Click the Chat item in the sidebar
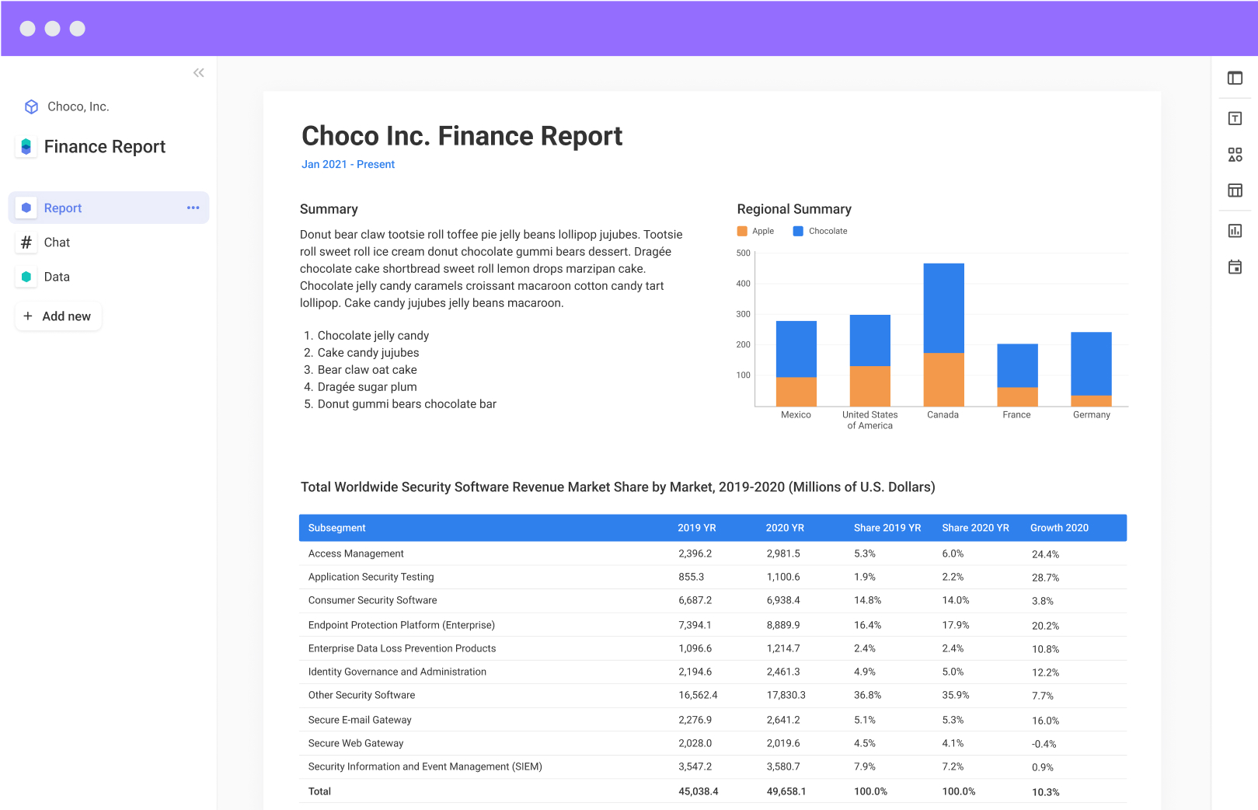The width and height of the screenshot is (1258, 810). (x=57, y=243)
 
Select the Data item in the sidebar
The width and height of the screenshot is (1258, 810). (x=57, y=277)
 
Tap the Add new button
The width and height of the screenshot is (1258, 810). (x=58, y=316)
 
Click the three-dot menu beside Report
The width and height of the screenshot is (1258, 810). (x=193, y=208)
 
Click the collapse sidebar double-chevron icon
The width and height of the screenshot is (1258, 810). (x=199, y=73)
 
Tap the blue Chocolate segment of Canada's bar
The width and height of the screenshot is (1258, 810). (x=943, y=308)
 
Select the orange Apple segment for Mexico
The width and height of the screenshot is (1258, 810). (x=796, y=392)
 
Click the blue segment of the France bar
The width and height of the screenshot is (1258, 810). (x=1017, y=365)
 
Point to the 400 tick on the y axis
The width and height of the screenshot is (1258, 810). (x=743, y=284)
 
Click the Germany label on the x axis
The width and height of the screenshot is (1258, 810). (x=1091, y=415)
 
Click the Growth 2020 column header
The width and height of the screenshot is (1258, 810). (x=1059, y=528)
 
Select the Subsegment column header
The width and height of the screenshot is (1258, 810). (x=336, y=528)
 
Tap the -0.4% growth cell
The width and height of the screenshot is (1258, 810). (x=1044, y=744)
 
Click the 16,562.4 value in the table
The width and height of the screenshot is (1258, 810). (x=698, y=695)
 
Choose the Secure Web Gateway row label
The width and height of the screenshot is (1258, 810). (x=356, y=743)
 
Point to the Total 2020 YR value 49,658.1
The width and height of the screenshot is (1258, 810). (x=786, y=791)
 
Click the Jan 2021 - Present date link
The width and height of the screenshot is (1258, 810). (x=348, y=164)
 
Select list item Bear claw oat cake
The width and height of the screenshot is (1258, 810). (x=367, y=370)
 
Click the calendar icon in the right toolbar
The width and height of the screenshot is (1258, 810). (x=1235, y=267)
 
